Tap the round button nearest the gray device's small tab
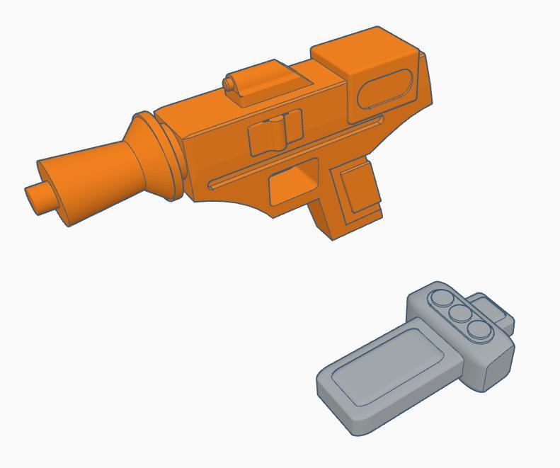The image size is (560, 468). click(x=479, y=330)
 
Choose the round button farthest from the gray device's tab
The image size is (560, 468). click(x=444, y=298)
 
